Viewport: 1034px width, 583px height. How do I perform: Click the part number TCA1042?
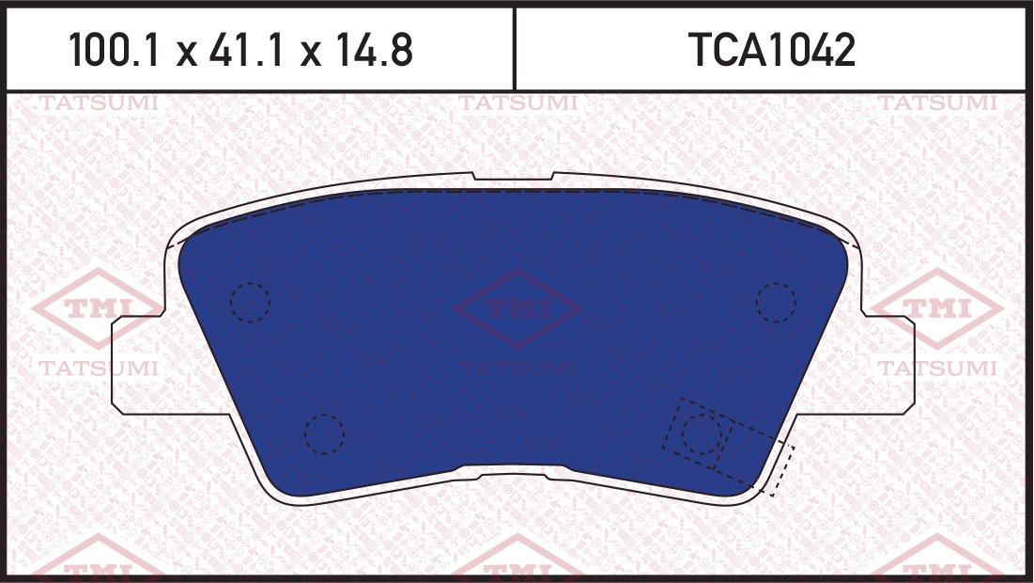(772, 50)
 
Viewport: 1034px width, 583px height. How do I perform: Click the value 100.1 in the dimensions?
(114, 50)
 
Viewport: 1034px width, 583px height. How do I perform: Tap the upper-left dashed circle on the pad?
(250, 283)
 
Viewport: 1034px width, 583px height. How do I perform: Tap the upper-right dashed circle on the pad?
(776, 283)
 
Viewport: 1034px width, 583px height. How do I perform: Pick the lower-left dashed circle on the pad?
(324, 416)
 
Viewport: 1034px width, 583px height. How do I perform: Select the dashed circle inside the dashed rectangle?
(702, 416)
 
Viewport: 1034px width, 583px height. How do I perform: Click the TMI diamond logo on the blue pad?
(517, 307)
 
